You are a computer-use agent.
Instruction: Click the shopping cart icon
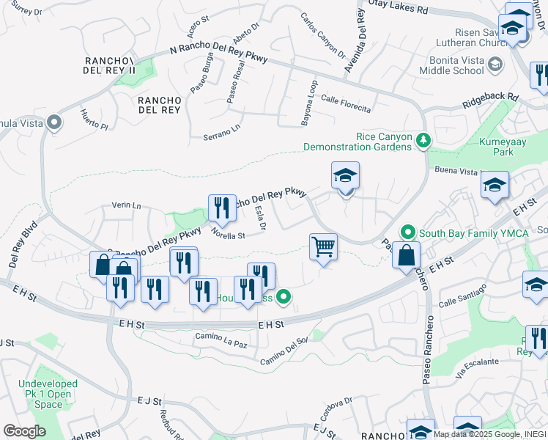(323, 246)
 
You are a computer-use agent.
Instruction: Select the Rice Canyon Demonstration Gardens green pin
(422, 139)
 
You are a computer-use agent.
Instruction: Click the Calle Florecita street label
(345, 103)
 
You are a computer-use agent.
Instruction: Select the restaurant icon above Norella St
(221, 208)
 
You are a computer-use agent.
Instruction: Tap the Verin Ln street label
(126, 205)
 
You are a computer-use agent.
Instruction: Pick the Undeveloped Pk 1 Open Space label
(48, 394)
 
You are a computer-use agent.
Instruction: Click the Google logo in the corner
(23, 431)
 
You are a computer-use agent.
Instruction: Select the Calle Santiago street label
(462, 298)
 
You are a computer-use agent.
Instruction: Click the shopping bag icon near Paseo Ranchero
(406, 256)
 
